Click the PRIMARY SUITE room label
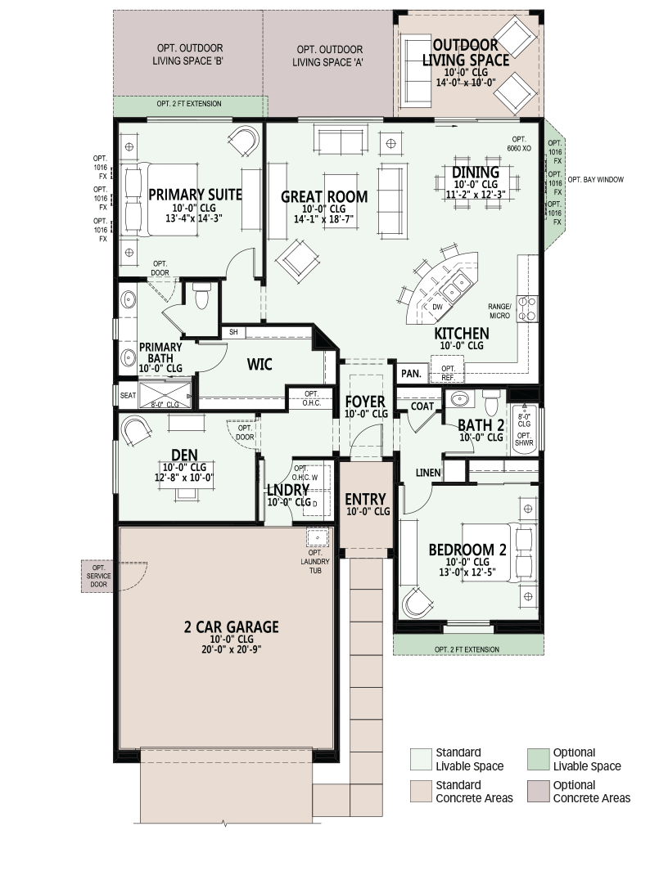tap(195, 195)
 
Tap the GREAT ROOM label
tap(324, 196)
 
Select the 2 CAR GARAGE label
tap(232, 626)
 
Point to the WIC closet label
tap(260, 364)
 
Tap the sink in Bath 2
tap(460, 399)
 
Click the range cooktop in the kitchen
tap(527, 308)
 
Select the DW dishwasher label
tap(437, 307)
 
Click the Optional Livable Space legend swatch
tap(538, 759)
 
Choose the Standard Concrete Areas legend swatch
tap(421, 792)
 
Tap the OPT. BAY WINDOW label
tap(595, 180)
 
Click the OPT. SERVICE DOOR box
tap(98, 576)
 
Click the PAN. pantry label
tap(411, 373)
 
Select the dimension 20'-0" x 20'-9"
tap(232, 649)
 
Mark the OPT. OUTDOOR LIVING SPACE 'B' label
tap(187, 55)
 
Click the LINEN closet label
tap(428, 473)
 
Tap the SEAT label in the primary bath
tap(128, 395)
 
